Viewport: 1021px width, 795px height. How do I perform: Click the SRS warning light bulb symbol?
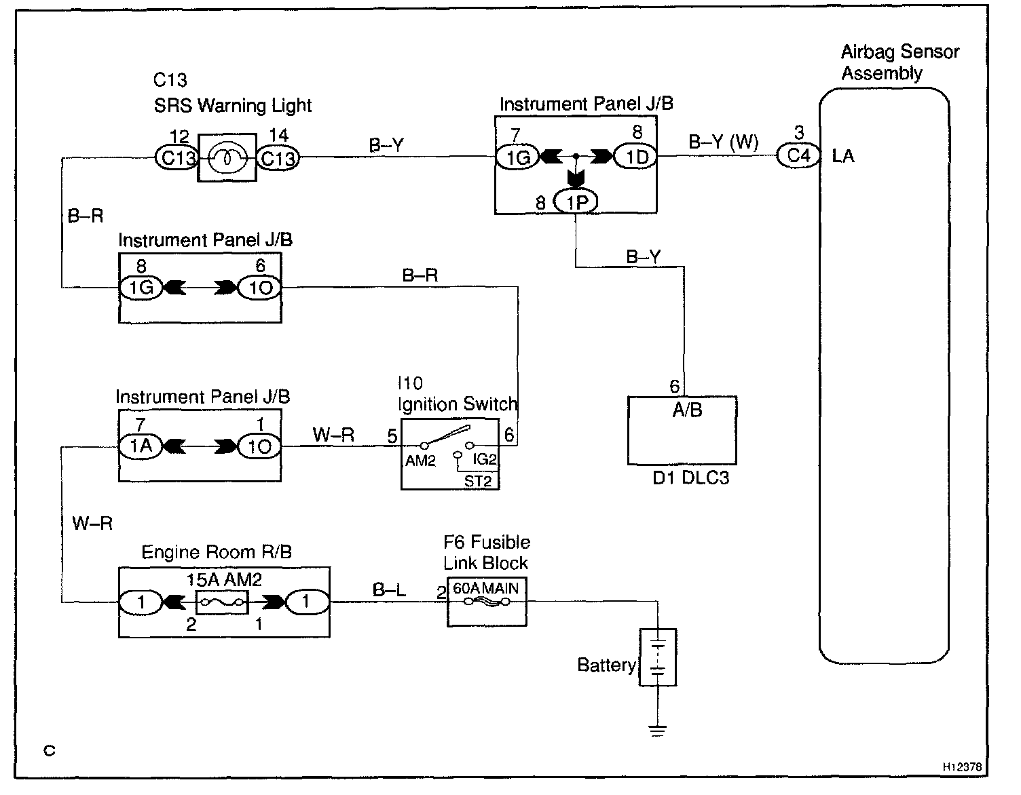click(x=227, y=158)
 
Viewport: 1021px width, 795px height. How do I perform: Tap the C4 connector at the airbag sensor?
click(x=798, y=156)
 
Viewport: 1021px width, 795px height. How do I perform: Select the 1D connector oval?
click(x=636, y=157)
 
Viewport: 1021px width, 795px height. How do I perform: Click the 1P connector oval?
click(x=576, y=202)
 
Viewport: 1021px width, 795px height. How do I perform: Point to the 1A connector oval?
click(x=140, y=446)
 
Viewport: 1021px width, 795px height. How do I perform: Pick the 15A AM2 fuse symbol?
click(x=222, y=602)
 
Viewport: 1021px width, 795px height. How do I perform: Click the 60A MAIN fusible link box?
click(x=487, y=602)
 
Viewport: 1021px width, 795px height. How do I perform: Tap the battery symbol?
click(x=658, y=657)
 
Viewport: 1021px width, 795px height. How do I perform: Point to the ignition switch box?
click(x=449, y=454)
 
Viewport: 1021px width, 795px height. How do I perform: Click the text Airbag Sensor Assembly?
click(x=899, y=62)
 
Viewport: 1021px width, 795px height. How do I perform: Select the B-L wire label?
click(x=389, y=590)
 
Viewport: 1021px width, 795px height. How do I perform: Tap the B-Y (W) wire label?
click(x=724, y=142)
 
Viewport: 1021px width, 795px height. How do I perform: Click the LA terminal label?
click(x=843, y=157)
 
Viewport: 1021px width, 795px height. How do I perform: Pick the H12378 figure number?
click(x=961, y=767)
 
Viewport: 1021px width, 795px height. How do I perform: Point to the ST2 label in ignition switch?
click(x=479, y=482)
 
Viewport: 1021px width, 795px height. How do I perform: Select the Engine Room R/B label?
click(x=217, y=552)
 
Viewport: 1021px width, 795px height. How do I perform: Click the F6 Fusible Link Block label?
click(x=486, y=552)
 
